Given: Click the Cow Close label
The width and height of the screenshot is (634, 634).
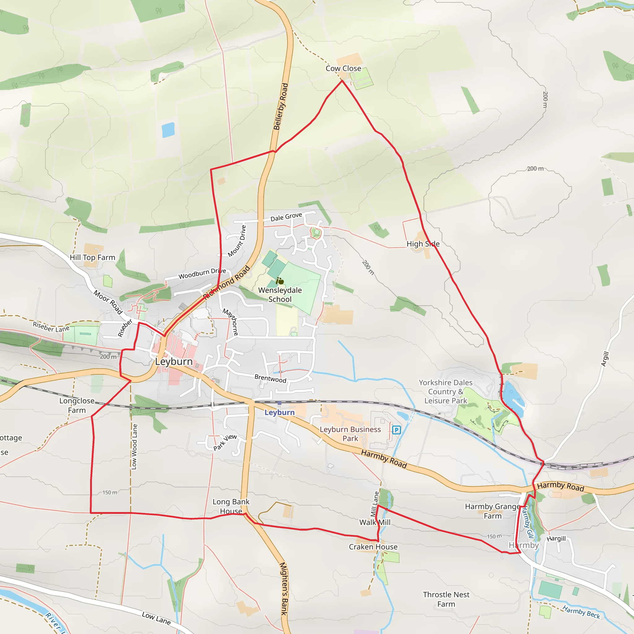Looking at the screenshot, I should click(343, 69).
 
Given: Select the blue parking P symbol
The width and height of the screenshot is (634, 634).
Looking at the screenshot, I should click(397, 430).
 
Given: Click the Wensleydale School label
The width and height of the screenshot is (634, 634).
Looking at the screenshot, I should click(280, 295).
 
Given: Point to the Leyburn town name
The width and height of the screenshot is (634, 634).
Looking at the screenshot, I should click(174, 362).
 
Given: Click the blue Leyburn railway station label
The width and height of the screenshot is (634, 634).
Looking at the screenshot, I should click(280, 412).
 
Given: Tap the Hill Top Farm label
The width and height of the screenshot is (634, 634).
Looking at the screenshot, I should click(93, 258).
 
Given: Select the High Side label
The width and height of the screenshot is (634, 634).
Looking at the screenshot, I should click(423, 244).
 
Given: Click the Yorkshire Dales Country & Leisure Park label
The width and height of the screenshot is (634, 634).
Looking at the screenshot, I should click(446, 392).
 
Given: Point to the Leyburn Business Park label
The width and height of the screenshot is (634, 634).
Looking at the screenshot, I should click(350, 434).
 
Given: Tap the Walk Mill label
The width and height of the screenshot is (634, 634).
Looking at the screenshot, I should click(375, 523).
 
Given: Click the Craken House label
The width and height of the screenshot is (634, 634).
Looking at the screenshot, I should click(373, 547).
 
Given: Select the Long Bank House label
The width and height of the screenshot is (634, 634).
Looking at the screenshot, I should click(231, 506).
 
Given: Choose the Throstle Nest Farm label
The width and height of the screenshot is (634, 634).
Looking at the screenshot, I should click(446, 599).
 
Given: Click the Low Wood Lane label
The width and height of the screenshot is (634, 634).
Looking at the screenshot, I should click(134, 447).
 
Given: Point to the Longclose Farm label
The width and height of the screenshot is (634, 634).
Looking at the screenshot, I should click(77, 406).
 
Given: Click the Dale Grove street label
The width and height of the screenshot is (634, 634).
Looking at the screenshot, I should click(286, 217).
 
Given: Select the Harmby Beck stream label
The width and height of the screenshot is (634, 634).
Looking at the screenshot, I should click(581, 612).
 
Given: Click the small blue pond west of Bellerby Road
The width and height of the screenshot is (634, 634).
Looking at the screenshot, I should click(168, 130).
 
